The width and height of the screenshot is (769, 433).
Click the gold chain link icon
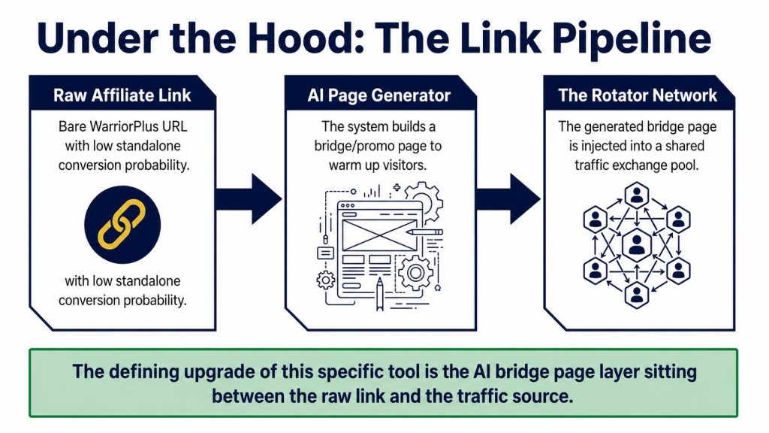click(122, 224)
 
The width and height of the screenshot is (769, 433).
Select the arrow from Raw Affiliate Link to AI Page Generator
click(249, 198)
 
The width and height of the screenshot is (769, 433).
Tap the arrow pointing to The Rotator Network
click(508, 198)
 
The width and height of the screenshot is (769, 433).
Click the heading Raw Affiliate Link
click(122, 95)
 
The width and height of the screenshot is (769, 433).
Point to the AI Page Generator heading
click(379, 95)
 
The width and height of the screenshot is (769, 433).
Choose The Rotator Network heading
click(638, 95)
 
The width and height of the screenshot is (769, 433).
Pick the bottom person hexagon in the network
click(637, 295)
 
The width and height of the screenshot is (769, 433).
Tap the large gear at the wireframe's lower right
click(415, 272)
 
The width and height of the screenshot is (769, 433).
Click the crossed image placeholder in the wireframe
click(379, 235)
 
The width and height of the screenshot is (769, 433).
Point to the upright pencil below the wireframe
click(379, 294)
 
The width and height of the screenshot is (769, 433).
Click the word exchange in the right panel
click(641, 165)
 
